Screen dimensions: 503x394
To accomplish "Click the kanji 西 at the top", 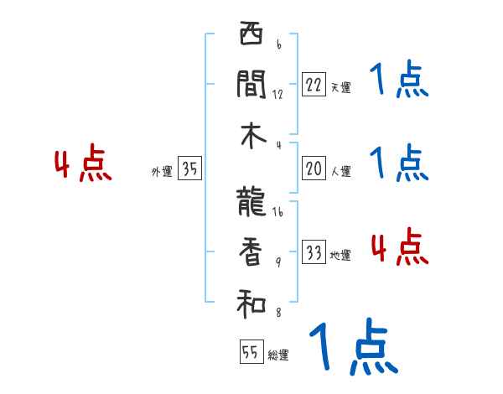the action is click(x=251, y=36).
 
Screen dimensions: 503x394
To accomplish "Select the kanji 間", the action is click(x=251, y=84).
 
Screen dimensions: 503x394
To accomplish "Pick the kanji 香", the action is click(x=251, y=251).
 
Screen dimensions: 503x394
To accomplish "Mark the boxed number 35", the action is click(x=189, y=170).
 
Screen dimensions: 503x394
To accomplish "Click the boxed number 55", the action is click(x=249, y=352).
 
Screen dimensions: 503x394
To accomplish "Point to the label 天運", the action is click(x=340, y=87).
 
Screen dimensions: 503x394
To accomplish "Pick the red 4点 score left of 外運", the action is click(x=81, y=164).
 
